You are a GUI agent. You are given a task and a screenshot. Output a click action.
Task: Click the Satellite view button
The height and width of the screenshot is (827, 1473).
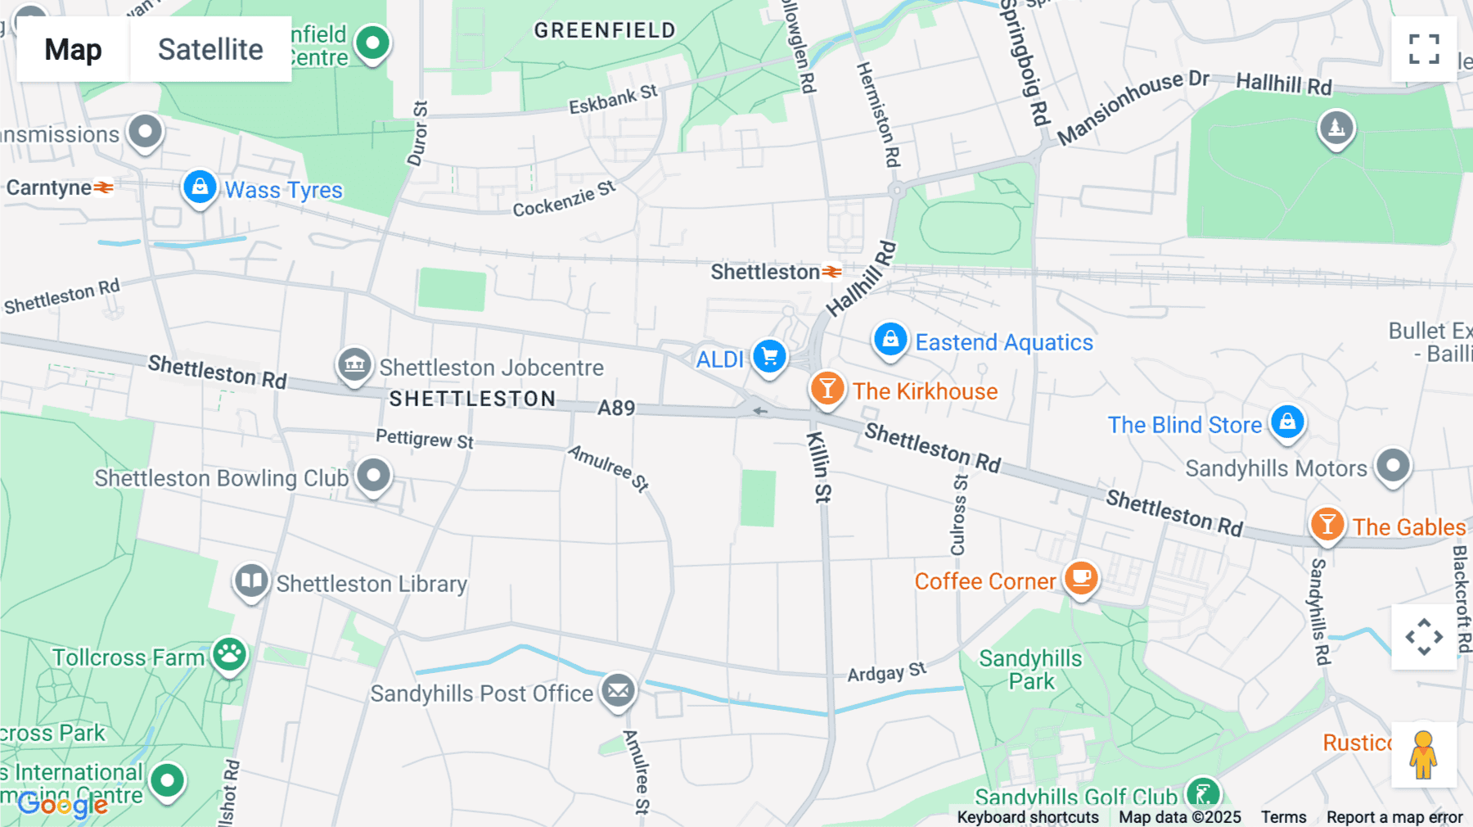click(x=210, y=49)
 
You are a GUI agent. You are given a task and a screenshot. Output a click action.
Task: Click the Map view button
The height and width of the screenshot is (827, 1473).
click(x=73, y=49)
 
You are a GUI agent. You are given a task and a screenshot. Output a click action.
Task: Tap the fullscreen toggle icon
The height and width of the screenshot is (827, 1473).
click(x=1424, y=49)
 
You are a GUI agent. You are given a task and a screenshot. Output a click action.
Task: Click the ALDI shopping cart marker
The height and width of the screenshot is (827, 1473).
click(x=769, y=357)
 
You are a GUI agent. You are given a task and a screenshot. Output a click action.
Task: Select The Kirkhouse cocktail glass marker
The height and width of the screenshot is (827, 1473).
click(x=827, y=388)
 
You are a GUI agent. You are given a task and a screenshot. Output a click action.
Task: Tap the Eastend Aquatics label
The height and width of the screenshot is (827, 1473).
click(x=1003, y=342)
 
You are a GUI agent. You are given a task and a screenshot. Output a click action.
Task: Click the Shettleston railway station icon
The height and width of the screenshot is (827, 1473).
click(x=832, y=272)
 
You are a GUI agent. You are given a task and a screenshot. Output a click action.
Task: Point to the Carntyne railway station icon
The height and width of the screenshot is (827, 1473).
click(x=103, y=188)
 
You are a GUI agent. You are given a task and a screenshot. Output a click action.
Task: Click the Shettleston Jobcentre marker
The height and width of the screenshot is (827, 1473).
click(x=354, y=364)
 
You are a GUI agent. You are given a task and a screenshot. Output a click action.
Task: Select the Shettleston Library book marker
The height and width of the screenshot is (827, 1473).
click(x=251, y=581)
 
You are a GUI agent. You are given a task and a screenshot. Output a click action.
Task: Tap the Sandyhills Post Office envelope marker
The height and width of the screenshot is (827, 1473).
click(x=619, y=691)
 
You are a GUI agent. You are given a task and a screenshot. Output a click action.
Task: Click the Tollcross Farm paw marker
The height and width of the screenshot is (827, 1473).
click(x=229, y=654)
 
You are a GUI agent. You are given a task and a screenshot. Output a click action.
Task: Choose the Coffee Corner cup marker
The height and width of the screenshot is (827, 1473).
click(x=1081, y=578)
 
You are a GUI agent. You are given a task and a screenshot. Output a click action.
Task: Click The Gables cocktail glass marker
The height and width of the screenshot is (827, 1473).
click(x=1327, y=524)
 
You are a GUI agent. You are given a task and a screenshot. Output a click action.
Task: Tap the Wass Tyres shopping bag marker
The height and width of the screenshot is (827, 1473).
click(x=200, y=188)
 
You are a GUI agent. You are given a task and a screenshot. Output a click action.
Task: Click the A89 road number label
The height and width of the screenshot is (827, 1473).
click(x=616, y=408)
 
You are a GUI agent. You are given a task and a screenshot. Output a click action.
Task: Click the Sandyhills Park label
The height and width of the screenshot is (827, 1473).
click(x=1030, y=670)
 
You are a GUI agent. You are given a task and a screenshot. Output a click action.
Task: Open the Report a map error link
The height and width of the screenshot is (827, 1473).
click(x=1394, y=816)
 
